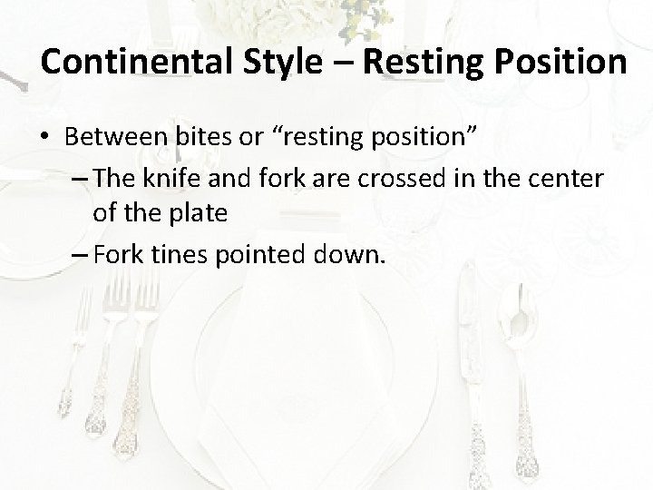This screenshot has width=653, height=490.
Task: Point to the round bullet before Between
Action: point(46,141)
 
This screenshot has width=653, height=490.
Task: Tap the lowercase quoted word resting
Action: point(326,141)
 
